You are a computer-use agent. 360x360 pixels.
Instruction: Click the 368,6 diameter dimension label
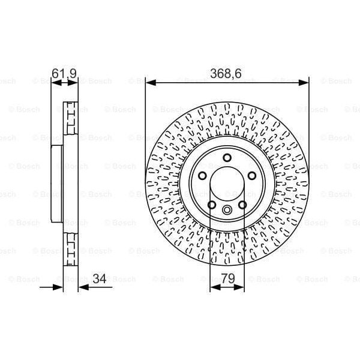[x=227, y=73]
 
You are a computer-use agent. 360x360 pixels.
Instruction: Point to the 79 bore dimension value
[x=227, y=278]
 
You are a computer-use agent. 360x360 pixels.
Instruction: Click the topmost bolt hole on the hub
[x=227, y=158]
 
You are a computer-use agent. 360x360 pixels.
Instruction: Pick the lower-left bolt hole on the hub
[x=212, y=205]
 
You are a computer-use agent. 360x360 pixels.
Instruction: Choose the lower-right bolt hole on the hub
[x=242, y=205]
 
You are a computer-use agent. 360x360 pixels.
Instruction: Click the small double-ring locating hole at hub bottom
[x=227, y=211]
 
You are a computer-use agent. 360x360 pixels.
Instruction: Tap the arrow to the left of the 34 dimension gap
[x=58, y=287]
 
